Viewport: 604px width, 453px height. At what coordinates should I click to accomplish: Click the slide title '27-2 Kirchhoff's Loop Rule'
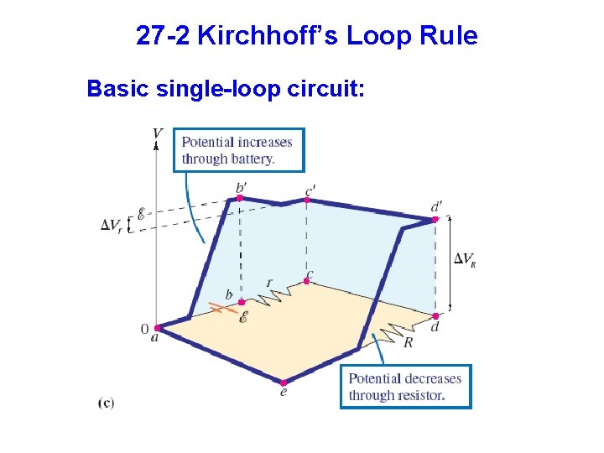pyautogui.click(x=306, y=37)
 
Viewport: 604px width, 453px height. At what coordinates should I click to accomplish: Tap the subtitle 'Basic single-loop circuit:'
pyautogui.click(x=226, y=88)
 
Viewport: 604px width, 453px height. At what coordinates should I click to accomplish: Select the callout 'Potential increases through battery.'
pyautogui.click(x=238, y=150)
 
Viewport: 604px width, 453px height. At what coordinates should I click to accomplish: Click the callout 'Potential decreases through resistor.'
pyautogui.click(x=406, y=387)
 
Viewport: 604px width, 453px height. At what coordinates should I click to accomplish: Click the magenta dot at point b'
pyautogui.click(x=240, y=198)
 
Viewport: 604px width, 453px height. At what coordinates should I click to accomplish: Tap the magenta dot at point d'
pyautogui.click(x=435, y=220)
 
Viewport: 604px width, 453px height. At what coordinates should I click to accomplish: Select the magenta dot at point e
pyautogui.click(x=284, y=383)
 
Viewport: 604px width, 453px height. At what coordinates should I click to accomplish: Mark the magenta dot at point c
pyautogui.click(x=306, y=282)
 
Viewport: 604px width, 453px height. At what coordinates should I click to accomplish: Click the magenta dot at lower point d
pyautogui.click(x=435, y=315)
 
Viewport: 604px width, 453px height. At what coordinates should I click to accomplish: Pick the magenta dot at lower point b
pyautogui.click(x=242, y=302)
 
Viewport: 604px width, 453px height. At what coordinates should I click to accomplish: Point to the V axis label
pyautogui.click(x=158, y=133)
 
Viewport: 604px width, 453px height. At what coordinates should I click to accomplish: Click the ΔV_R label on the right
pyautogui.click(x=465, y=259)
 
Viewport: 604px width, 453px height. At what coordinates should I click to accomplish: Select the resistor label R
pyautogui.click(x=408, y=342)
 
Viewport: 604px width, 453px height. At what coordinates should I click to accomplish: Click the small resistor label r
pyautogui.click(x=268, y=283)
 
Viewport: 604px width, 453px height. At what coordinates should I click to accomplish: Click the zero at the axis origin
pyautogui.click(x=144, y=329)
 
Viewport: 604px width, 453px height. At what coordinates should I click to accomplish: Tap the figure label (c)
pyautogui.click(x=107, y=403)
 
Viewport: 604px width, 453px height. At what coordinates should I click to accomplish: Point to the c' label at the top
pyautogui.click(x=310, y=192)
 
